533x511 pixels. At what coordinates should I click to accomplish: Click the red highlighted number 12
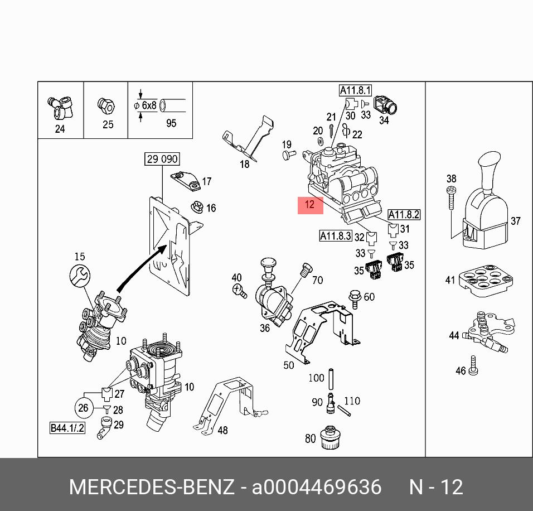tap(310, 205)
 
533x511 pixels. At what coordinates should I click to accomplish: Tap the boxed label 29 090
tap(162, 159)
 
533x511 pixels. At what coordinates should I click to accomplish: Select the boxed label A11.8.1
tap(355, 90)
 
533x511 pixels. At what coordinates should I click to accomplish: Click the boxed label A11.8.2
tap(404, 214)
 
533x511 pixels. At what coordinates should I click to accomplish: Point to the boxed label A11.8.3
tap(335, 236)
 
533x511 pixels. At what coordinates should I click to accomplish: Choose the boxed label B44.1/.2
tap(67, 428)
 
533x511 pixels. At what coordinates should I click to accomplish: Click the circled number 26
tap(83, 408)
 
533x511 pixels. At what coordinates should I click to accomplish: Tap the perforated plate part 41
tap(483, 280)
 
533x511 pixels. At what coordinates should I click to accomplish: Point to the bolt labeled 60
tap(353, 297)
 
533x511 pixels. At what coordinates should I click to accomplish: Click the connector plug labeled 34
tap(386, 106)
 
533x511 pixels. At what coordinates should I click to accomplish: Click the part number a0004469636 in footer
tap(317, 487)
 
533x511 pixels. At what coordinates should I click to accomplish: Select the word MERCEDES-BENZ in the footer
tap(151, 487)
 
